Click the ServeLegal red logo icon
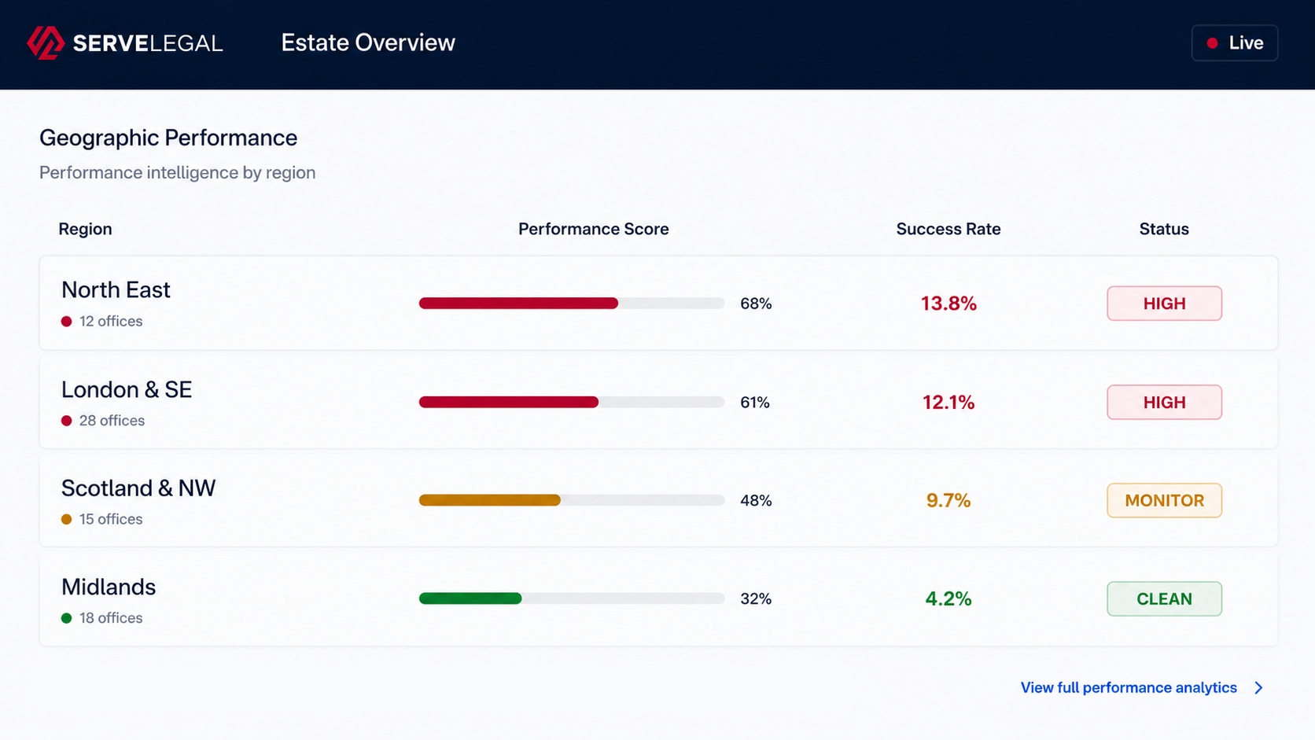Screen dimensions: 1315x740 pos(46,42)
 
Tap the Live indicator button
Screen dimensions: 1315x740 pos(1235,42)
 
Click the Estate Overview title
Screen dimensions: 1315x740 pos(368,42)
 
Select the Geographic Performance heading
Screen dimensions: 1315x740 pos(168,138)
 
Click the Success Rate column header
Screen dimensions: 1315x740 pos(948,229)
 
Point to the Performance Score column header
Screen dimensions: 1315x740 pos(594,229)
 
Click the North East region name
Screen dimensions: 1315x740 pos(116,290)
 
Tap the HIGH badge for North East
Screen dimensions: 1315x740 pos(1164,304)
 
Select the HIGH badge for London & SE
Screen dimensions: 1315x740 pos(1164,402)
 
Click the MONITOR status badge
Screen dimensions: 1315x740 pos(1164,501)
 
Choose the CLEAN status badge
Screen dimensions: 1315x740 pos(1164,598)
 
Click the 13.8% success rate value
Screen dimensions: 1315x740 pos(948,304)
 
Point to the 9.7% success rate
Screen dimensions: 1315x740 pos(948,501)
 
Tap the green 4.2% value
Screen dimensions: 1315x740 pos(948,598)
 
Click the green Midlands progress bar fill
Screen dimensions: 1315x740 pos(470,598)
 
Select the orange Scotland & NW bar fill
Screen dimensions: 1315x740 pos(490,500)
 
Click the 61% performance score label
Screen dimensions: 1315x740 pos(755,403)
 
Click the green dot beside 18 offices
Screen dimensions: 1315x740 pos(66,618)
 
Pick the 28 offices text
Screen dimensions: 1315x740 pos(112,421)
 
